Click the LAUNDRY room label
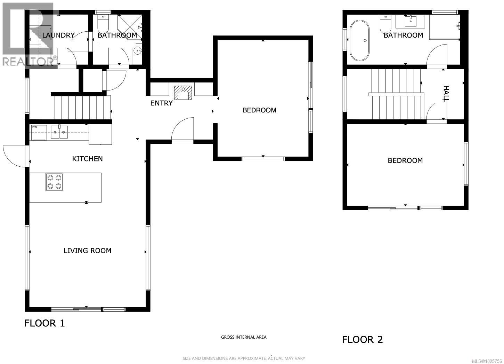coord(58,35)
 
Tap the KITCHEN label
coord(87,159)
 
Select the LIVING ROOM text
coord(87,251)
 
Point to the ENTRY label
coord(161,103)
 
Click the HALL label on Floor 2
coord(446,94)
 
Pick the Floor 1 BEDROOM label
coord(259,110)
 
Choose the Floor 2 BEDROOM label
coord(405,160)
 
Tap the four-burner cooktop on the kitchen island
coord(55,182)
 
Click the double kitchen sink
coord(59,132)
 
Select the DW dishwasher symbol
coord(39,132)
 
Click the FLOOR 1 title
coord(44,323)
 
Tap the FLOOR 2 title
coord(362,340)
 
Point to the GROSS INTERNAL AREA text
coord(244,337)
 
